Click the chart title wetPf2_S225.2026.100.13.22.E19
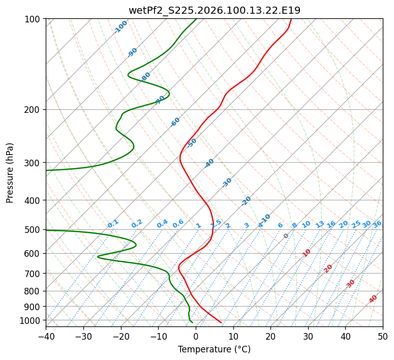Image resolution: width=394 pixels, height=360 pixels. coord(214,10)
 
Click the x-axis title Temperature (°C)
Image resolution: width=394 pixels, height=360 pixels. coord(214,350)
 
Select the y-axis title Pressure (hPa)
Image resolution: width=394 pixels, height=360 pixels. coord(10,173)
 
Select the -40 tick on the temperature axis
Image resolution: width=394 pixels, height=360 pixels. coord(46,337)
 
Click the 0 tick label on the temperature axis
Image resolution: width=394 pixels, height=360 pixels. coord(196,337)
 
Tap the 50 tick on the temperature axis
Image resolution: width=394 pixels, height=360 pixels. coord(383,337)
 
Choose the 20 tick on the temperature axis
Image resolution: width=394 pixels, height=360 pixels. coord(270,337)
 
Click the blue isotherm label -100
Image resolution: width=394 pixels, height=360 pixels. coord(120,27)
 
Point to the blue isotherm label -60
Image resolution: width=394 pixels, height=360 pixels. coord(175,122)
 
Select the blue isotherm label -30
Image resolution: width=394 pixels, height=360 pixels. coord(227,182)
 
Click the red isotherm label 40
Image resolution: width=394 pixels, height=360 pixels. coord(373,299)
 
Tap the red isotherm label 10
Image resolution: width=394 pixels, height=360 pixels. coord(307,253)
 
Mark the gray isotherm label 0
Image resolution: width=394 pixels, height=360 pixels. coord(286,236)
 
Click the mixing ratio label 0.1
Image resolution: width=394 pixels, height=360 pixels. coord(113,223)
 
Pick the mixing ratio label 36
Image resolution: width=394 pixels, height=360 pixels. coord(377,224)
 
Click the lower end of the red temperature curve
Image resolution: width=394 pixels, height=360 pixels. coord(221,322)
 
